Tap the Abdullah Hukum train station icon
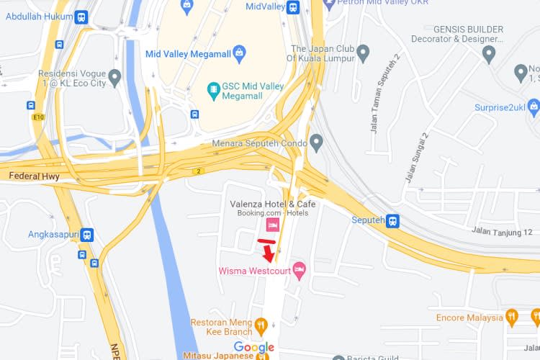click(x=81, y=17)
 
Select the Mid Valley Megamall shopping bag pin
click(x=239, y=53)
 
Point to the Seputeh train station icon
click(x=393, y=220)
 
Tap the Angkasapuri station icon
click(x=87, y=235)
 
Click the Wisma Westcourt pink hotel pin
click(x=300, y=271)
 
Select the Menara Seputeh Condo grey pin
click(x=316, y=142)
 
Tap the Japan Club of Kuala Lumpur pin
click(x=364, y=53)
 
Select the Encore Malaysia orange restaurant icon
click(x=512, y=317)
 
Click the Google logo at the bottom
click(x=254, y=348)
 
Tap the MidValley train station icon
click(x=292, y=7)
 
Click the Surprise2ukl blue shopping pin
click(x=534, y=108)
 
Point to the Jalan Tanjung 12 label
click(x=502, y=231)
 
